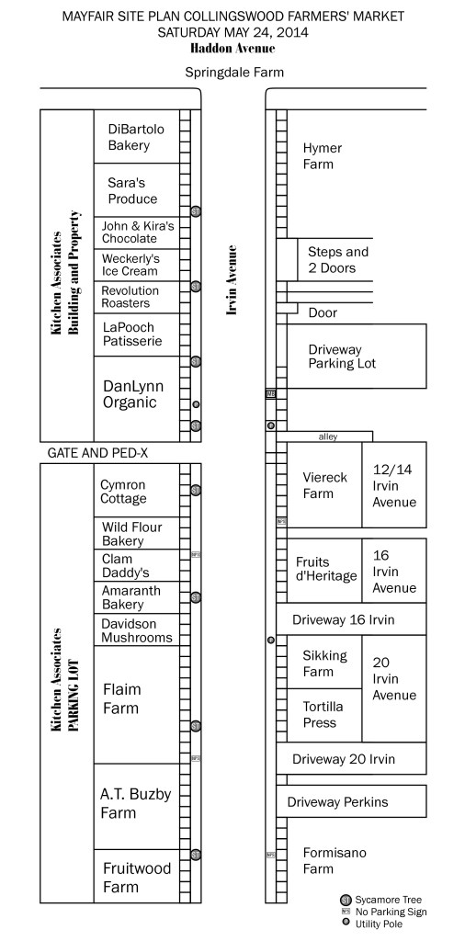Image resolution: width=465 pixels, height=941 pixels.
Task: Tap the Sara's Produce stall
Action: coord(132,190)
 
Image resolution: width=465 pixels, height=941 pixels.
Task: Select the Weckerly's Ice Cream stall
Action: coord(130,265)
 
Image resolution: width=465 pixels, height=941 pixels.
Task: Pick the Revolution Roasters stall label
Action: coord(130,297)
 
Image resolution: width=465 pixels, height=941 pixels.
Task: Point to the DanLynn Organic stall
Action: coord(130,395)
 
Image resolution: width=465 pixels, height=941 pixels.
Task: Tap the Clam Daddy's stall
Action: coord(119,565)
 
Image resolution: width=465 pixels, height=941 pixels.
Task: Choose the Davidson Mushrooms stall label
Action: coord(136,630)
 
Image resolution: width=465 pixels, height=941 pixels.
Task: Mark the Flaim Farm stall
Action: coord(121,698)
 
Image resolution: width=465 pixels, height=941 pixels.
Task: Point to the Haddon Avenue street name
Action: coord(232,48)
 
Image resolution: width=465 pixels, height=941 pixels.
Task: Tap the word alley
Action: coord(327,436)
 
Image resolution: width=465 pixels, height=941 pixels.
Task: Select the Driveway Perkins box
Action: coord(337,802)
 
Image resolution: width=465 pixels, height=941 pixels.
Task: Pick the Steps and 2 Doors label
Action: coord(338,259)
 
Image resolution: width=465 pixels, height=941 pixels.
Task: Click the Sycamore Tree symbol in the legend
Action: coord(345,899)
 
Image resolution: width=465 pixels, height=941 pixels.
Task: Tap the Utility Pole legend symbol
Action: coord(346,924)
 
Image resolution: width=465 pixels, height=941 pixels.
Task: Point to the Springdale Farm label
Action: coord(233,72)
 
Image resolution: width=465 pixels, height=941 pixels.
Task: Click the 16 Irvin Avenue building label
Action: coord(393,571)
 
